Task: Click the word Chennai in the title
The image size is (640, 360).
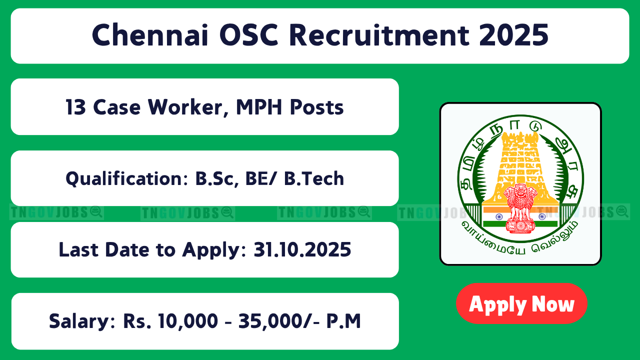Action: click(x=150, y=35)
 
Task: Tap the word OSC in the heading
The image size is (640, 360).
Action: click(x=249, y=35)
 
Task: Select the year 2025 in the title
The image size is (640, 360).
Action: click(x=513, y=35)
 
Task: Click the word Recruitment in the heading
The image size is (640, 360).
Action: click(x=379, y=35)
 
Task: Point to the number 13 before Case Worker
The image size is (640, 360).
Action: click(x=75, y=107)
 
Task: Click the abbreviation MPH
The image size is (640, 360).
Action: click(x=259, y=107)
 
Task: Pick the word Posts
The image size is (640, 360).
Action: click(x=317, y=107)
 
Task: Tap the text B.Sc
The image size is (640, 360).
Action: click(x=217, y=178)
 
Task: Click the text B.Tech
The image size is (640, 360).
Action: click(x=314, y=178)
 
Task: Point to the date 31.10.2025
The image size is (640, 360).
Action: click(x=302, y=249)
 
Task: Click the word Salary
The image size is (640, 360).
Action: click(x=82, y=321)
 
